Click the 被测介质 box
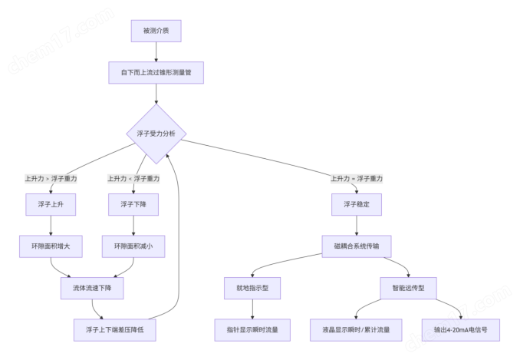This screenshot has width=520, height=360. (156, 31)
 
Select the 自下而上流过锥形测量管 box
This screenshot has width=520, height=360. (156, 73)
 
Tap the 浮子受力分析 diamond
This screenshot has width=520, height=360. (156, 134)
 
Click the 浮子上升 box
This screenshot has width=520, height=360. (50, 205)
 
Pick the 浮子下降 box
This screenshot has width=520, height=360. (133, 205)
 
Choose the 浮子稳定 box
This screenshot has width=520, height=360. (357, 205)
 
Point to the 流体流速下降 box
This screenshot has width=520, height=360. (92, 288)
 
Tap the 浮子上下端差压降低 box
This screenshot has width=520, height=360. (113, 329)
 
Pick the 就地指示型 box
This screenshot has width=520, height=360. (252, 288)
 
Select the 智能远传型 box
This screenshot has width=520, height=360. (408, 288)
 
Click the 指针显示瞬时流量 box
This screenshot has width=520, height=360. (252, 329)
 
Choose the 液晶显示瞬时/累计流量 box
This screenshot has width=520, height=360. (351, 329)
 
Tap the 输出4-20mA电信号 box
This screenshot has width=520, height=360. (461, 329)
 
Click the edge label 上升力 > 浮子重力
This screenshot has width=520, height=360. (50, 178)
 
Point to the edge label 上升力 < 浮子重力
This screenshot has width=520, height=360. (133, 178)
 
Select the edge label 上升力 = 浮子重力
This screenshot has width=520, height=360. (357, 178)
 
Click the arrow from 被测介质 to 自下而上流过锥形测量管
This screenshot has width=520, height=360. (156, 52)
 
